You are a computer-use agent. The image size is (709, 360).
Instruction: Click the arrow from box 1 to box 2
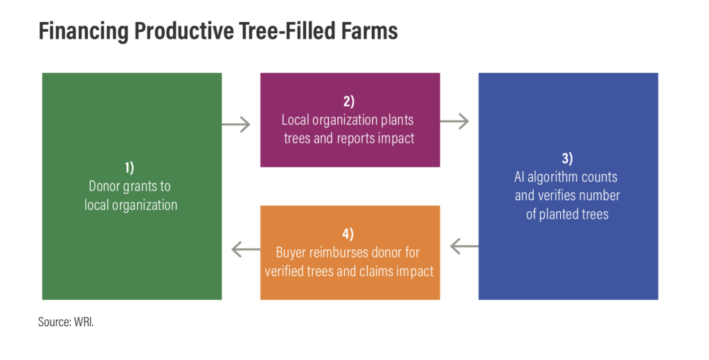[236, 125]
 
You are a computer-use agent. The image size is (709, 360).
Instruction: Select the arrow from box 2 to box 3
[454, 121]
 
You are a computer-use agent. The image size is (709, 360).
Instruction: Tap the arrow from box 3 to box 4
[465, 246]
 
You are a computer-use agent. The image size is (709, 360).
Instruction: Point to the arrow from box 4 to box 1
[246, 249]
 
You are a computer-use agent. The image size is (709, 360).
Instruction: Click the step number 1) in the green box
[129, 168]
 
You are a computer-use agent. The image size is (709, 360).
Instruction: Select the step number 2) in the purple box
[349, 101]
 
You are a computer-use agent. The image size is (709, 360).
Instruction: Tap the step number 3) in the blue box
[567, 159]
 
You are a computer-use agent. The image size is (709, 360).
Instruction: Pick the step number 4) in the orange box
[348, 234]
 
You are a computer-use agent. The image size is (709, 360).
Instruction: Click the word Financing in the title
[84, 30]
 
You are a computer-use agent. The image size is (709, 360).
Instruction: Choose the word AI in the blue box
[519, 177]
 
